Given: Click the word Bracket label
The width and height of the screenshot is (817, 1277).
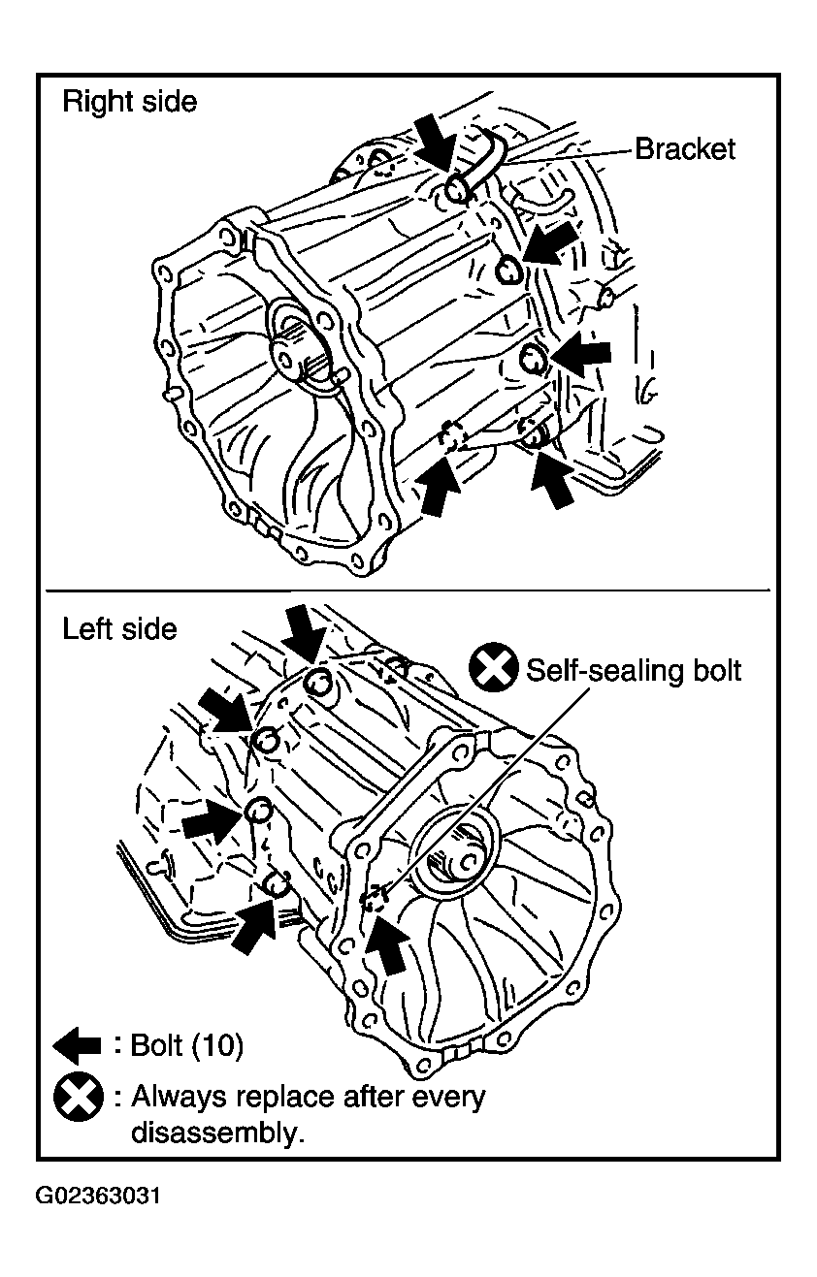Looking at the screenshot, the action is (685, 149).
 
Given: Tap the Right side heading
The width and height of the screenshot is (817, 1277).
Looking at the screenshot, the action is (129, 102).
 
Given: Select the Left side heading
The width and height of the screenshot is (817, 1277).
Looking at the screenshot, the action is (119, 629).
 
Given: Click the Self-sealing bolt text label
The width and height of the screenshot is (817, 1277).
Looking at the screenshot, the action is (634, 670).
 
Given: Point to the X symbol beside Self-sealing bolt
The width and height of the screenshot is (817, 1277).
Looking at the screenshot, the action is (494, 667).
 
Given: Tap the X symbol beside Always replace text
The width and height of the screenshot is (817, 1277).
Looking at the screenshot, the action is (79, 1098).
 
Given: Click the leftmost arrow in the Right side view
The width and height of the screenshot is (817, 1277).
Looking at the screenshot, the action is (438, 486).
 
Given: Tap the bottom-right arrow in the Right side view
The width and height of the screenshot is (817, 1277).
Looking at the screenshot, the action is (553, 478).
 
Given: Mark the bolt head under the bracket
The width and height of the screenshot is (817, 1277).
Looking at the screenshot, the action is (457, 189).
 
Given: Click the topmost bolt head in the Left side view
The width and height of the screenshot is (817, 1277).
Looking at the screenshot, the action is (318, 682).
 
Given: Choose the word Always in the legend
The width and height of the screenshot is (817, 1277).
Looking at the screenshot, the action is (177, 1097).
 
